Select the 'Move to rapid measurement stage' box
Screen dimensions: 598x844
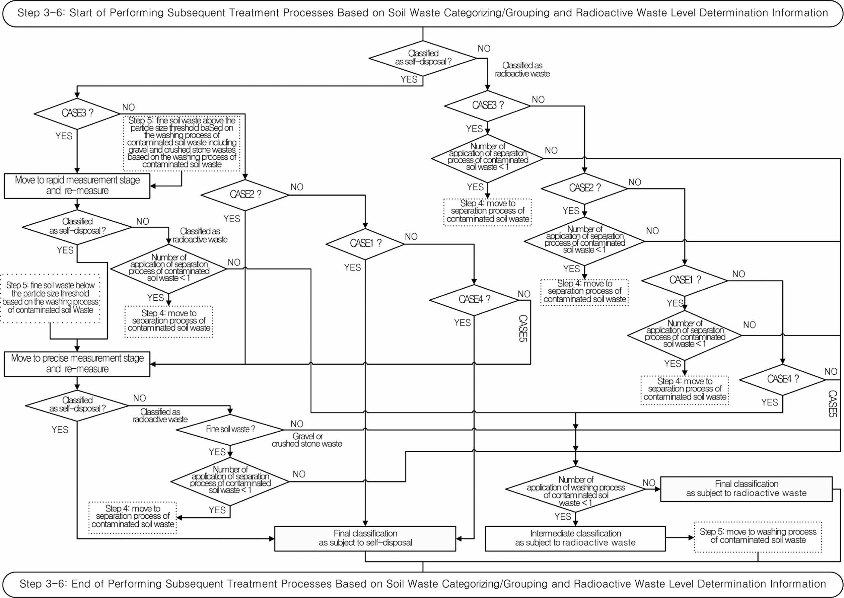click(77, 185)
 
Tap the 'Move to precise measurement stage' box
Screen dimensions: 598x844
click(77, 364)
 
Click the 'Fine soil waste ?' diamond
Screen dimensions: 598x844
click(230, 429)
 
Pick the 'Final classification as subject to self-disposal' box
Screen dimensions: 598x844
click(365, 538)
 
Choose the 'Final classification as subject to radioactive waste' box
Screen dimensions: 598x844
click(746, 489)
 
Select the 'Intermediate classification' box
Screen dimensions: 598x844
click(575, 538)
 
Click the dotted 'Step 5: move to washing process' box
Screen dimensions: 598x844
click(758, 536)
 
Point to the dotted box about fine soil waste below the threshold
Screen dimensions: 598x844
click(51, 298)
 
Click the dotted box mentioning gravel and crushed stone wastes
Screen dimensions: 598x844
click(182, 143)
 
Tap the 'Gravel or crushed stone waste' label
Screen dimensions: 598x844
click(307, 440)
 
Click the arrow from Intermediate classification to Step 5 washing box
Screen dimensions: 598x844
click(680, 538)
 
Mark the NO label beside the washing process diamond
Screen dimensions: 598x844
click(649, 483)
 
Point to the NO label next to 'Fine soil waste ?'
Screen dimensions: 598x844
click(297, 424)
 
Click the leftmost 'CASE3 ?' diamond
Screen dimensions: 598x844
click(77, 113)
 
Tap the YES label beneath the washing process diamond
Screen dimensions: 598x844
click(563, 517)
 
